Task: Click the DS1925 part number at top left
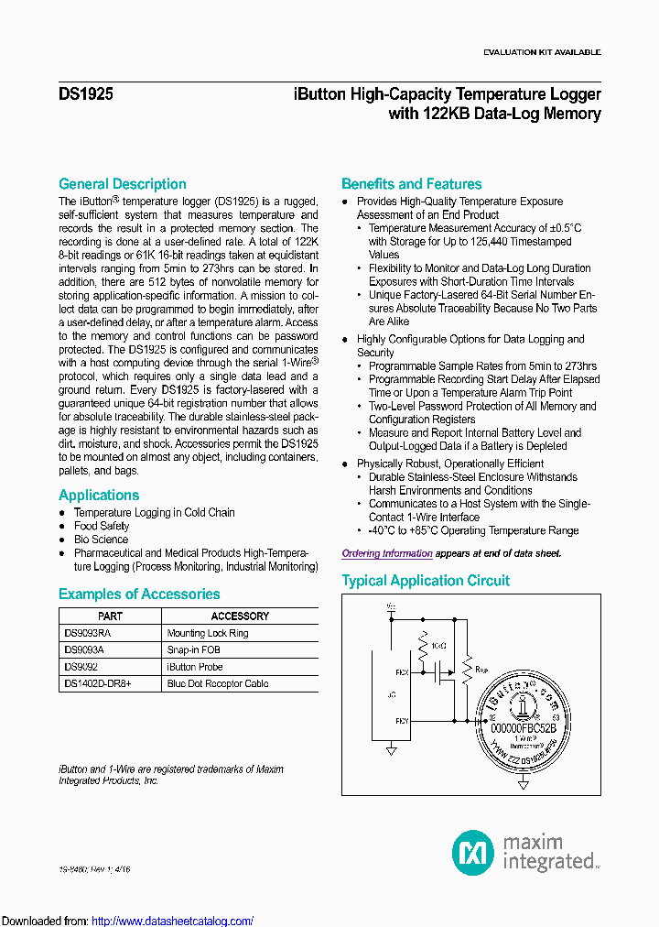tap(86, 94)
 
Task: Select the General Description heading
tap(122, 184)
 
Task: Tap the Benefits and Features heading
tap(411, 184)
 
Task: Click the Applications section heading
tap(99, 496)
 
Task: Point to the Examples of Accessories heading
tap(139, 594)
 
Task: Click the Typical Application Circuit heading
tap(426, 581)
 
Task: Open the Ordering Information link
tap(387, 553)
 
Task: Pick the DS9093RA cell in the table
tap(88, 633)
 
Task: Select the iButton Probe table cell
tap(194, 667)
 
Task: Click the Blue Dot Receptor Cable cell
tap(218, 683)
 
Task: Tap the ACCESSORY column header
tap(240, 616)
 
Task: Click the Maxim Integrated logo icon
tap(472, 852)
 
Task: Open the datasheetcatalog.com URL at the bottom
tap(173, 921)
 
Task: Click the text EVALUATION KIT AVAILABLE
tap(542, 52)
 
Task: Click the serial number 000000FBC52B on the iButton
tap(524, 728)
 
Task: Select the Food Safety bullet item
tap(102, 527)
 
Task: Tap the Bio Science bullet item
tap(101, 540)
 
